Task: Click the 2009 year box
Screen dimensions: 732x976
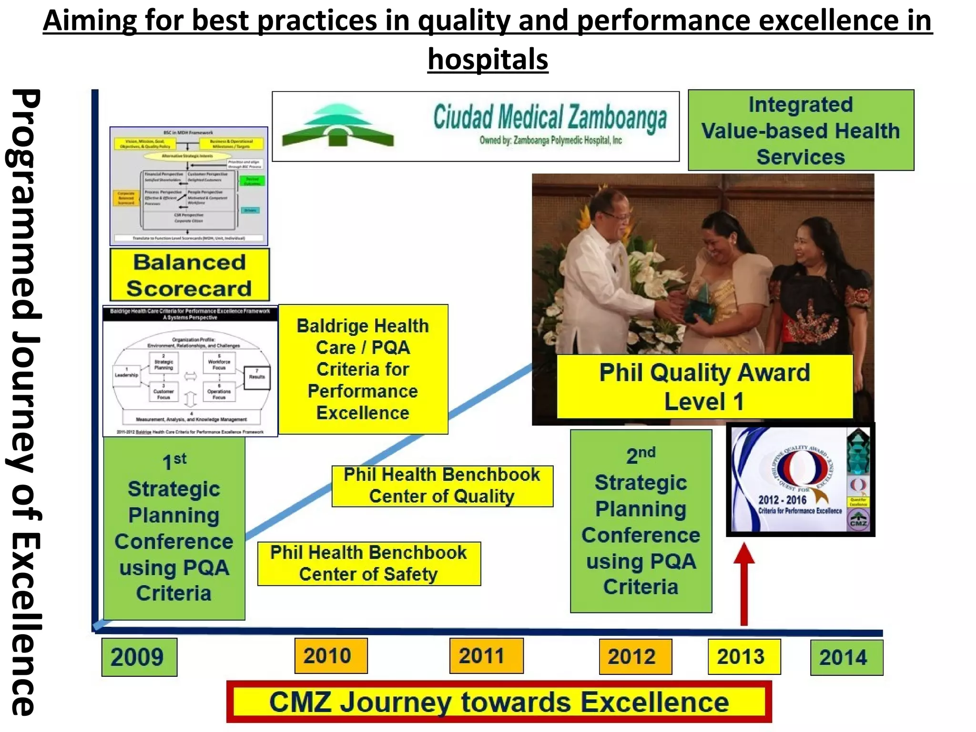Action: coord(139,657)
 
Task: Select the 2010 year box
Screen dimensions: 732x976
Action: coord(331,655)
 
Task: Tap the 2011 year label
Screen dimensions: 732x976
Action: coord(486,655)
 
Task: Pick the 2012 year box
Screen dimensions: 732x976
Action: coord(635,656)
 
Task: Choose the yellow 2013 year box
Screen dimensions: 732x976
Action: coord(744,656)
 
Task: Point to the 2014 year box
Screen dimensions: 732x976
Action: coord(846,657)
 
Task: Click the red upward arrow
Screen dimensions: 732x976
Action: coord(744,584)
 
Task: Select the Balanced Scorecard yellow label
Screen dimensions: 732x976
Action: coord(189,275)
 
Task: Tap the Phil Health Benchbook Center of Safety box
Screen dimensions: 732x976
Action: coord(369,563)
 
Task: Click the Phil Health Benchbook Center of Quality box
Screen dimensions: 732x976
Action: coord(442,486)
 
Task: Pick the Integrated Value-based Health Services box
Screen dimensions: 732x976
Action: coord(801,130)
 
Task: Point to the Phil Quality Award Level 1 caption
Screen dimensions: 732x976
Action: coord(704,386)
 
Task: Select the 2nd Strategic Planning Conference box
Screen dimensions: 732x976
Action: coord(640,520)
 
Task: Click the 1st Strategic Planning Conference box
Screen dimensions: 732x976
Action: coord(174,528)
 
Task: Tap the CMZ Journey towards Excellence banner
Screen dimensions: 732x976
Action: coord(498,701)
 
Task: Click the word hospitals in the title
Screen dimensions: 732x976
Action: coord(488,59)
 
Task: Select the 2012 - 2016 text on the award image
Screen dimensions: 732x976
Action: coord(783,499)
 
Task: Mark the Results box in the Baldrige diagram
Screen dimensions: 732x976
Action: coord(257,377)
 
